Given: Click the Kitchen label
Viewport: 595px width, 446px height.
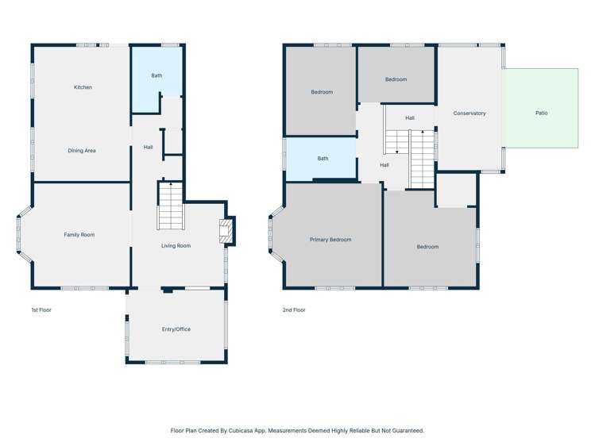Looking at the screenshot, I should point(83,87).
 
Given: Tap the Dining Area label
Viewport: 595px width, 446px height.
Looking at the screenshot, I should point(82,151).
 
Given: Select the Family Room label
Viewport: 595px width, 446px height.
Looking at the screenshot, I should point(79,235).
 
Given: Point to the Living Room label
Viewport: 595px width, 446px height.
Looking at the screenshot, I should point(176,246).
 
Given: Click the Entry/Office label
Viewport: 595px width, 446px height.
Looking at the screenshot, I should point(176,329).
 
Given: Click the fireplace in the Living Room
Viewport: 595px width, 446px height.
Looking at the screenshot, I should point(226,231).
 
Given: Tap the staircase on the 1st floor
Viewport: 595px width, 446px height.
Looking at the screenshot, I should point(170,206).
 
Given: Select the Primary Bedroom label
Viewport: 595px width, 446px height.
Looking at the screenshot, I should point(330,240).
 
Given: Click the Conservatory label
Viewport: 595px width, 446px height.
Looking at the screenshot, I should point(469,113).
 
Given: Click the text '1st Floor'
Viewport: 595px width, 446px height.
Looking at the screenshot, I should point(41,310).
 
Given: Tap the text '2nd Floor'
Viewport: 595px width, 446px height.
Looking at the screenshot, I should point(294,310).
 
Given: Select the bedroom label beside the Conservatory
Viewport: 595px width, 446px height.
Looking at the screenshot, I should point(396,79).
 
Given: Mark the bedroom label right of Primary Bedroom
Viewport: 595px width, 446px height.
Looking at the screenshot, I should point(427,247).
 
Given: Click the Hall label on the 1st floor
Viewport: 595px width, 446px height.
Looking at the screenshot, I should point(149,148).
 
